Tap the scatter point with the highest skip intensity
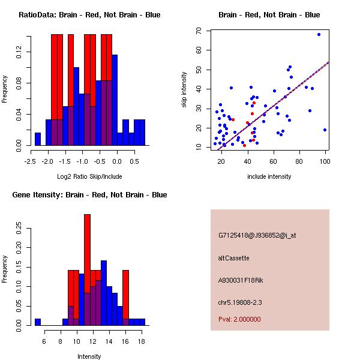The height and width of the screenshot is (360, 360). (319, 34)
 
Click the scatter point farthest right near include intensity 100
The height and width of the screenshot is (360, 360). (325, 130)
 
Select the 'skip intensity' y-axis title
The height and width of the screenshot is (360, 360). (184, 90)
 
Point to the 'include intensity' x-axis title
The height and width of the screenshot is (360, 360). (269, 176)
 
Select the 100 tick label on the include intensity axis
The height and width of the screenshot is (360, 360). (325, 161)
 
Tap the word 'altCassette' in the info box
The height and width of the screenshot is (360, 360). (233, 258)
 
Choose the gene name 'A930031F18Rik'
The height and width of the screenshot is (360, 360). (240, 280)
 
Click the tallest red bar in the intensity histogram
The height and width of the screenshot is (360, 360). (87, 252)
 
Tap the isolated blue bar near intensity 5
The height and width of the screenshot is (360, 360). (38, 322)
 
